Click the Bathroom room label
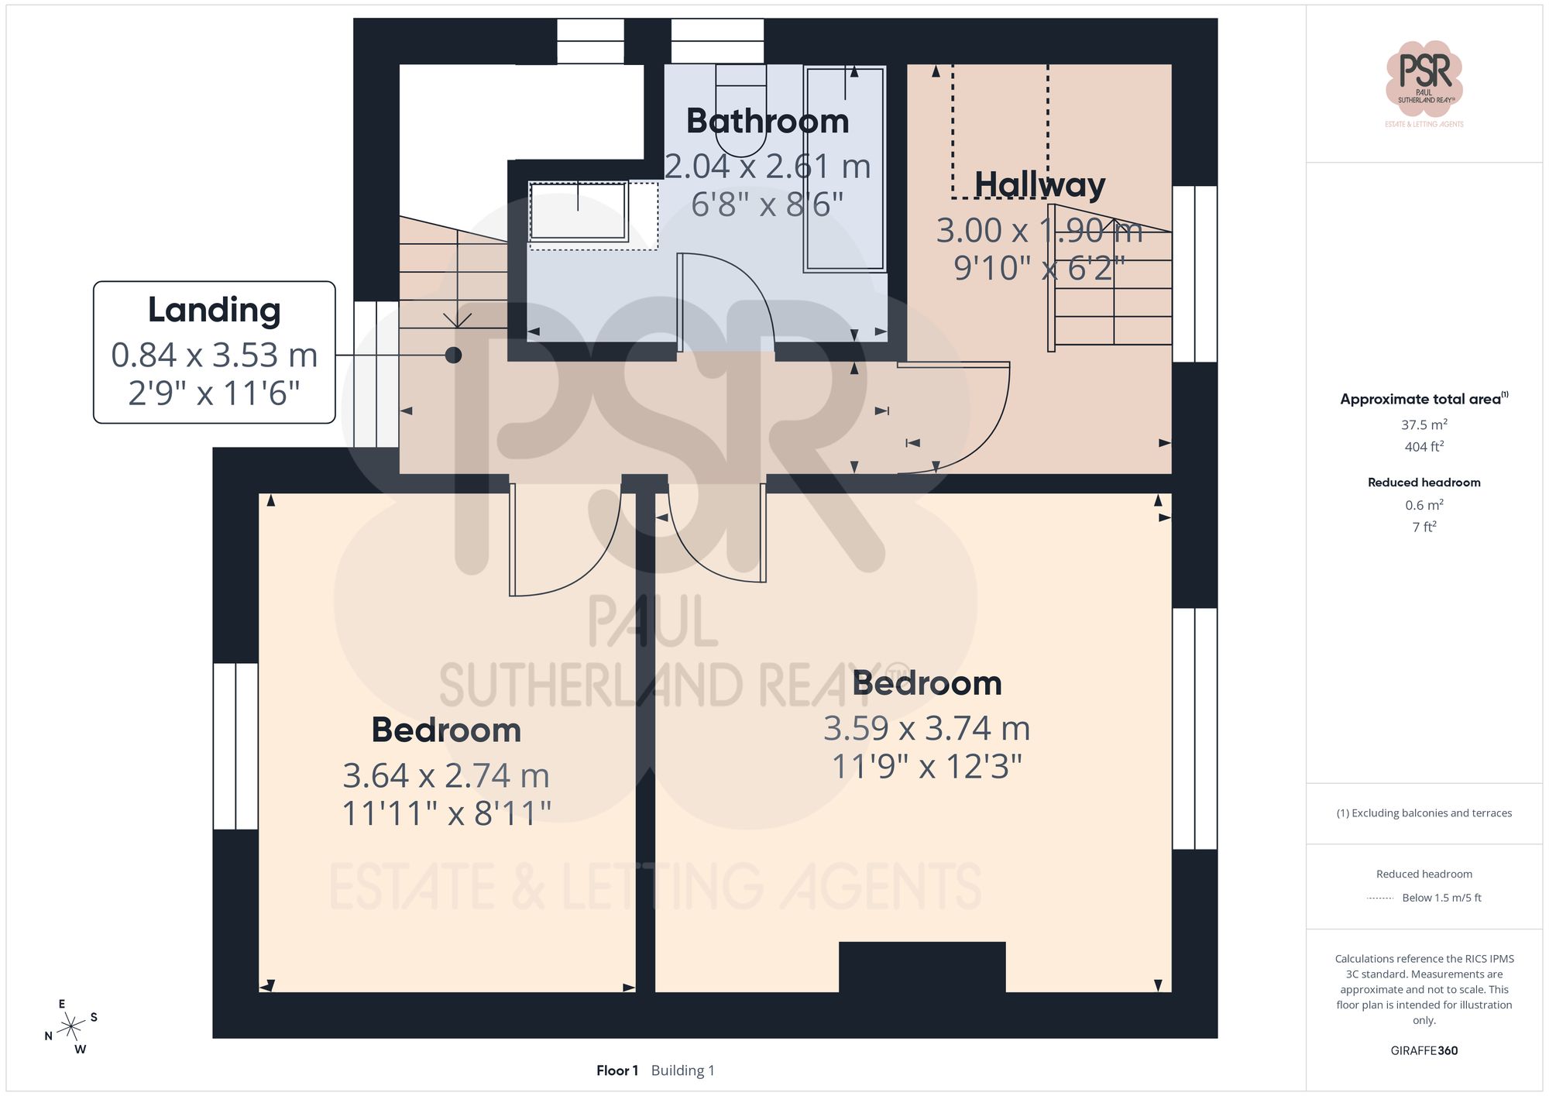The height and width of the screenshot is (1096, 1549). pyautogui.click(x=768, y=122)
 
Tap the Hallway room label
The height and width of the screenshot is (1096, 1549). pyautogui.click(x=1039, y=185)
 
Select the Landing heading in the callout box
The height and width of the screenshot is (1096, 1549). pyautogui.click(x=214, y=310)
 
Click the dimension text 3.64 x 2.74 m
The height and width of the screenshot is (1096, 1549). pyautogui.click(x=446, y=775)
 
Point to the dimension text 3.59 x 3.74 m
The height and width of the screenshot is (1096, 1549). pyautogui.click(x=926, y=728)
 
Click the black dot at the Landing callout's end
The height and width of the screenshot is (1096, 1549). pyautogui.click(x=454, y=355)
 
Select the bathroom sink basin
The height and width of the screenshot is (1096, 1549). pyautogui.click(x=578, y=211)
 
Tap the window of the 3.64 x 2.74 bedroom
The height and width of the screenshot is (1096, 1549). pyautogui.click(x=235, y=746)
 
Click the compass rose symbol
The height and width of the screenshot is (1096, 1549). pyautogui.click(x=71, y=1027)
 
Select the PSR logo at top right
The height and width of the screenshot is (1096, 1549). pyautogui.click(x=1424, y=79)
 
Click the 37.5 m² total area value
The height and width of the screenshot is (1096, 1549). pyautogui.click(x=1424, y=424)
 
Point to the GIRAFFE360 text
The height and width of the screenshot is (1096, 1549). pyautogui.click(x=1424, y=1050)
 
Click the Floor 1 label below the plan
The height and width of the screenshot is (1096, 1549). pyautogui.click(x=617, y=1070)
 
